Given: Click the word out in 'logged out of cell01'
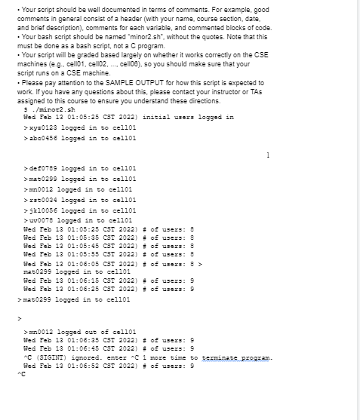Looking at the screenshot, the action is tap(88, 331).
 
